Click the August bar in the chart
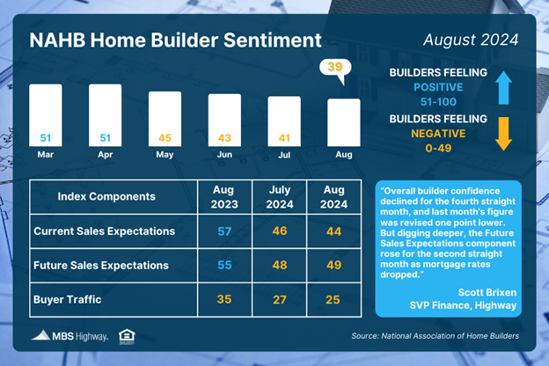pyautogui.click(x=344, y=122)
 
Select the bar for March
pyautogui.click(x=46, y=115)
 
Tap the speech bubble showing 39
pyautogui.click(x=335, y=69)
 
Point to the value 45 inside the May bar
pyautogui.click(x=165, y=138)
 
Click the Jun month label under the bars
pyautogui.click(x=224, y=155)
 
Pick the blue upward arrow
pyautogui.click(x=503, y=88)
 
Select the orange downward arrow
pyautogui.click(x=503, y=134)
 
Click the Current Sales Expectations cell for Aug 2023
pyautogui.click(x=224, y=231)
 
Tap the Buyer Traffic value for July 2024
pyautogui.click(x=280, y=300)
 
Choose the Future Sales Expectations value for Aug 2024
pyautogui.click(x=333, y=265)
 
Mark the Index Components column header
pyautogui.click(x=106, y=196)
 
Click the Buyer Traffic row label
pyautogui.click(x=68, y=299)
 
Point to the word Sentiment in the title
pyautogui.click(x=273, y=40)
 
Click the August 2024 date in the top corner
pyautogui.click(x=471, y=40)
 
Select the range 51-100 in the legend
pyautogui.click(x=438, y=102)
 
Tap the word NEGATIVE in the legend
pyautogui.click(x=438, y=134)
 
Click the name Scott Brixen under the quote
pyautogui.click(x=487, y=292)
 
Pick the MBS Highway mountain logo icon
pyautogui.click(x=41, y=335)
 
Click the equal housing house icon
pyautogui.click(x=127, y=337)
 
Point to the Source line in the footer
pyautogui.click(x=436, y=336)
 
